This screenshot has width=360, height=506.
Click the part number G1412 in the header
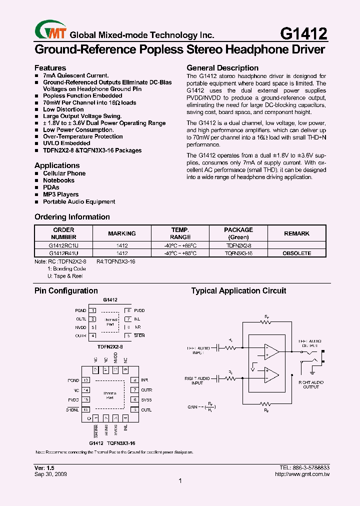tap(303, 33)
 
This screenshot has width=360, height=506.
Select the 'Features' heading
tap(50, 67)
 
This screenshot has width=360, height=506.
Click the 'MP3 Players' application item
tap(60, 194)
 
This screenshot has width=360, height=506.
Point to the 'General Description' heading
tap(222, 67)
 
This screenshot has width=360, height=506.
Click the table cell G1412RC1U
tap(63, 246)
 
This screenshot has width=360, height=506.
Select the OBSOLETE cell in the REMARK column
tap(296, 253)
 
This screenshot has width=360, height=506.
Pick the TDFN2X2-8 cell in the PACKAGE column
tap(238, 246)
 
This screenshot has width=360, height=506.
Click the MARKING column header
tap(122, 233)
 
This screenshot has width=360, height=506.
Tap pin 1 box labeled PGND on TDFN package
tap(93, 310)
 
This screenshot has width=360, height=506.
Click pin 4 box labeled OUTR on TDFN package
tap(93, 335)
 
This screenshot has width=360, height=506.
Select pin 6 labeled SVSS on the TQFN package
tap(134, 399)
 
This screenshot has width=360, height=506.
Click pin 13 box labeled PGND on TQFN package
tap(86, 380)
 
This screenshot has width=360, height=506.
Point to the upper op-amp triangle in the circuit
tap(271, 351)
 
